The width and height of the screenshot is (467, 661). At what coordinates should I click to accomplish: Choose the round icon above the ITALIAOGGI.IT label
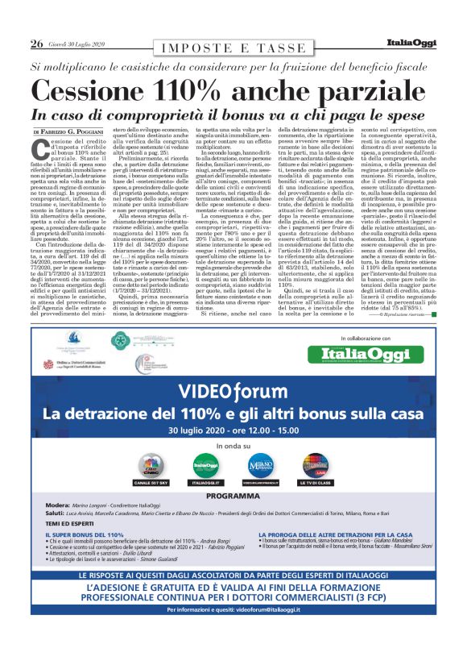point(206,464)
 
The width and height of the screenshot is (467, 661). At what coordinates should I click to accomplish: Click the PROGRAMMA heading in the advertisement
point(233,496)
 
